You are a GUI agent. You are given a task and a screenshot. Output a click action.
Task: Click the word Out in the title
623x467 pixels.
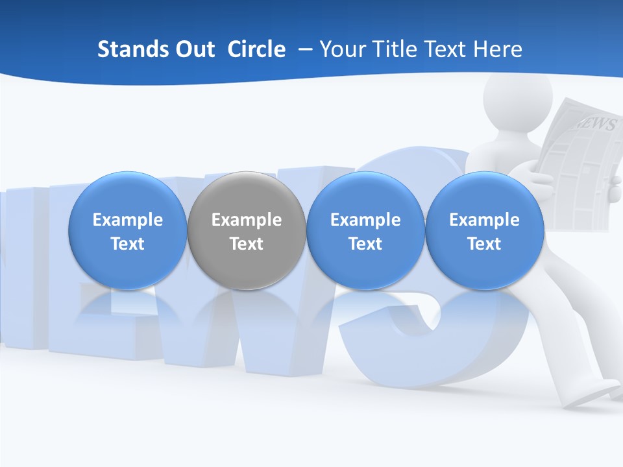point(193,49)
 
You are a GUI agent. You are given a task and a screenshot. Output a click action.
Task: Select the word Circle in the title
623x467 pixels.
point(256,49)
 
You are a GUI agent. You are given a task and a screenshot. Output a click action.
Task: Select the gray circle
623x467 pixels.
point(247,231)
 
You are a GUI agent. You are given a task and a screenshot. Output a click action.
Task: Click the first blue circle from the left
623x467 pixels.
point(127,231)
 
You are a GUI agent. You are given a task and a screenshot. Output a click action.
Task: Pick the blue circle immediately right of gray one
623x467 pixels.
point(365,231)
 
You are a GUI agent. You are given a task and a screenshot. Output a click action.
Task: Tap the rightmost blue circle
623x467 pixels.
point(484,231)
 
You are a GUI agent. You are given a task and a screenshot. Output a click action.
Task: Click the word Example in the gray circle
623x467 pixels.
point(247,220)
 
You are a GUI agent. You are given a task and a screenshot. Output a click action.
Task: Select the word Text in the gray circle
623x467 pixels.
point(247,244)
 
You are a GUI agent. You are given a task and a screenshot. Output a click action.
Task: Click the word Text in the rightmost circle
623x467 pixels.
point(484,244)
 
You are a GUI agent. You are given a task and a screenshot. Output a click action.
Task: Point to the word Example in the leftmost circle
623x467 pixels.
point(127,220)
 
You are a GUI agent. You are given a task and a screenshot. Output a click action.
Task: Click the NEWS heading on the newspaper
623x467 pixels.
point(591,123)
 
